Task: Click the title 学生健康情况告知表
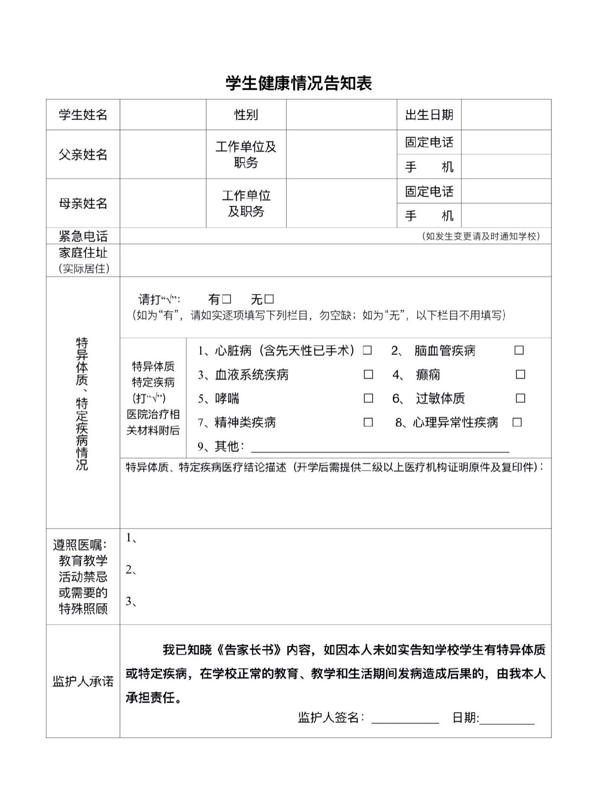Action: (298, 83)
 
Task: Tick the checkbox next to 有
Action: (226, 299)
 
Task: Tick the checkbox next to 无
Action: (269, 299)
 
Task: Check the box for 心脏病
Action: (367, 350)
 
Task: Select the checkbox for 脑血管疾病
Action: (519, 350)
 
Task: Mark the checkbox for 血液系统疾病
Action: (368, 374)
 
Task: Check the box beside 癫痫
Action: (520, 374)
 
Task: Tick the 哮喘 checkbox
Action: (368, 398)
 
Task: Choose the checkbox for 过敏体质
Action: (520, 398)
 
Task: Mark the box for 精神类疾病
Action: (368, 422)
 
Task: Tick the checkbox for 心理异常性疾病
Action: (517, 422)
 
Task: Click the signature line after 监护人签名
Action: (405, 718)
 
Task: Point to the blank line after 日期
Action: (507, 719)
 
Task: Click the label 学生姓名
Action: (83, 115)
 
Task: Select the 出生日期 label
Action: (429, 115)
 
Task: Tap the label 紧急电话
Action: (83, 236)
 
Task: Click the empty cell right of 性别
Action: (341, 115)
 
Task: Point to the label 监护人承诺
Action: (83, 682)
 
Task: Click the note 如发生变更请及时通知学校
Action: (481, 236)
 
